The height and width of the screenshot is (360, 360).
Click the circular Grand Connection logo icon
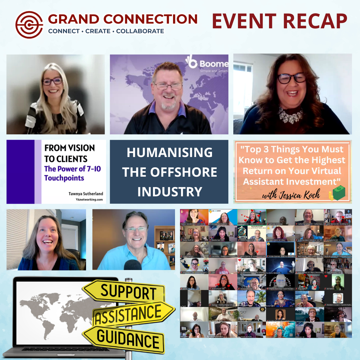click(29, 25)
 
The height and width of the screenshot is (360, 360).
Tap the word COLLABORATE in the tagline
click(140, 31)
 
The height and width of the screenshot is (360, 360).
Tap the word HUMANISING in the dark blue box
click(169, 153)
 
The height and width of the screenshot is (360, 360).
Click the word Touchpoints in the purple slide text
click(64, 178)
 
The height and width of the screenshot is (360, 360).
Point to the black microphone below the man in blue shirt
click(132, 265)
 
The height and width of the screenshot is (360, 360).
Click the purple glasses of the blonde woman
click(52, 81)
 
